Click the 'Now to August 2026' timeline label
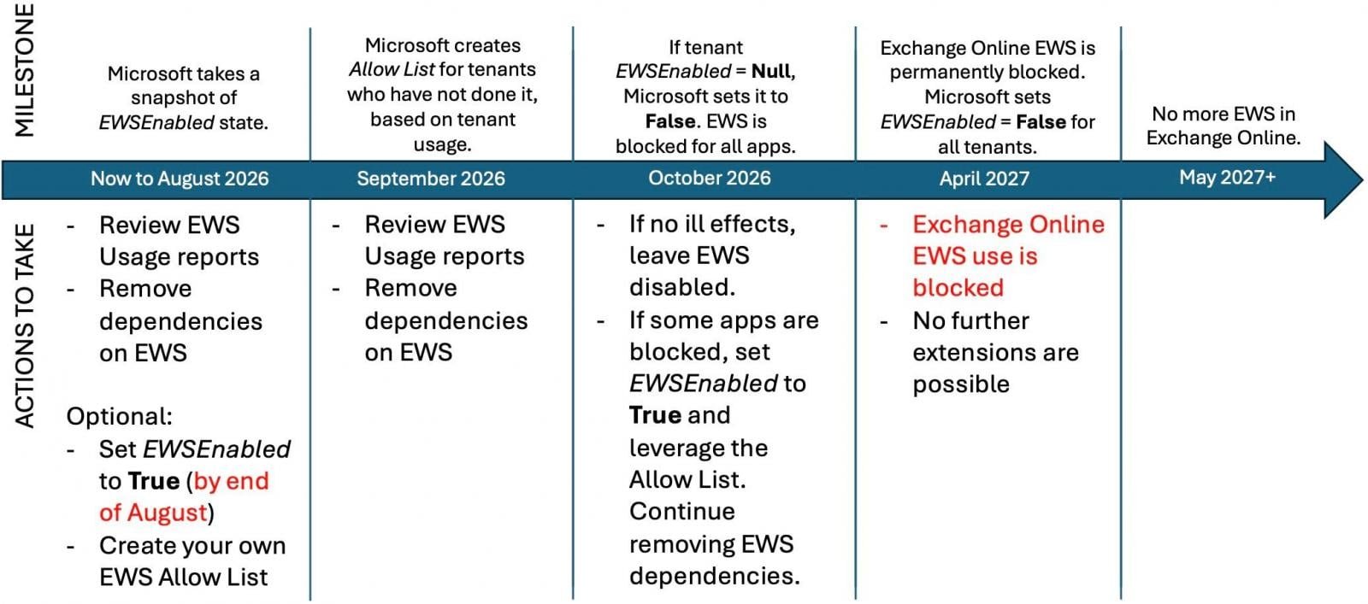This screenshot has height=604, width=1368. [180, 179]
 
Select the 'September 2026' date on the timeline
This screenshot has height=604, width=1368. [431, 179]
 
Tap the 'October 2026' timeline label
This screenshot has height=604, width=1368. [709, 178]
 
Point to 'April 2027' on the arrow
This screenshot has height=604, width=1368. [984, 179]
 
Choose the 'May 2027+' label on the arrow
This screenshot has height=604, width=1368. [1227, 177]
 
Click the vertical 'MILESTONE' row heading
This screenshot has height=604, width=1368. [26, 70]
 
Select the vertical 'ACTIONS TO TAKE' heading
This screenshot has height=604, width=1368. [26, 325]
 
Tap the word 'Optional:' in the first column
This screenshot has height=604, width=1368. [119, 417]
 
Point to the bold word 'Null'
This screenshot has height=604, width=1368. [771, 71]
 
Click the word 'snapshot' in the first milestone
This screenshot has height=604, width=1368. [184, 97]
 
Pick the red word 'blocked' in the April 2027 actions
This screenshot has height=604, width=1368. [958, 288]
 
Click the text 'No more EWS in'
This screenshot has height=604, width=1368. [1224, 114]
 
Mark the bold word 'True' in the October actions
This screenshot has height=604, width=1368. [654, 415]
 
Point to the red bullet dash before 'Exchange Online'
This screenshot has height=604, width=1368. [884, 226]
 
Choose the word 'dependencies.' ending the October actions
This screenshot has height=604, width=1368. [714, 576]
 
